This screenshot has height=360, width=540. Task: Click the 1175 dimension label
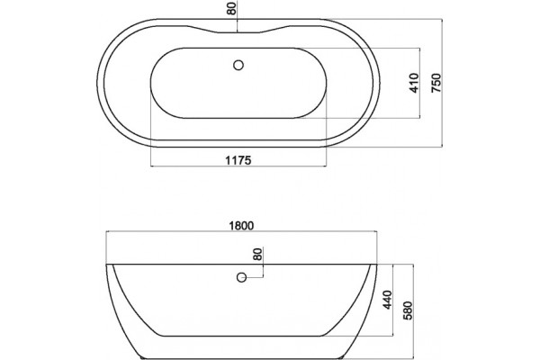click(x=238, y=160)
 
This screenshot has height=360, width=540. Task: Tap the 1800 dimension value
click(x=241, y=226)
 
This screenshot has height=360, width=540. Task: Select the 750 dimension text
click(x=436, y=83)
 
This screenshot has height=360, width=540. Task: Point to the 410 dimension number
click(x=415, y=83)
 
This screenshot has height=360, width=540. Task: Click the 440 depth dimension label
click(x=387, y=300)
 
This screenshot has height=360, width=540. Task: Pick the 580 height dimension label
click(x=408, y=310)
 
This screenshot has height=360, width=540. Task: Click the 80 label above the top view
click(x=232, y=9)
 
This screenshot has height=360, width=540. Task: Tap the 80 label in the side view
click(x=257, y=254)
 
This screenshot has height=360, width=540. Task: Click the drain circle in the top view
click(x=238, y=65)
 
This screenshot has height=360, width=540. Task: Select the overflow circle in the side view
click(x=242, y=277)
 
